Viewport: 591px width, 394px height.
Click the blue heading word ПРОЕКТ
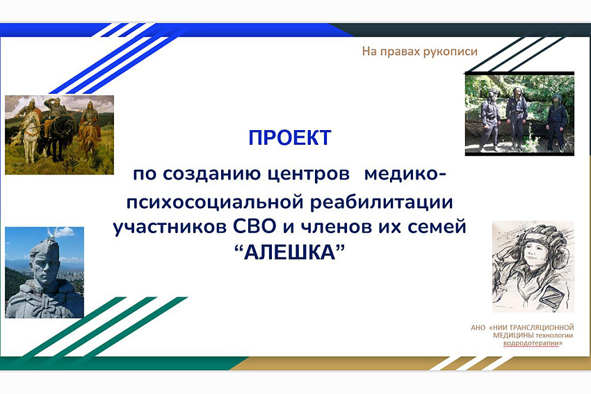point(289,138)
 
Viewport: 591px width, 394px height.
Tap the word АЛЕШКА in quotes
point(289,253)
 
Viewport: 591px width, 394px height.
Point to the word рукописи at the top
point(450,52)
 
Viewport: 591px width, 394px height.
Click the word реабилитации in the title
point(381,203)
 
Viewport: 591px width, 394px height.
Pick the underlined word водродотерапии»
point(533,343)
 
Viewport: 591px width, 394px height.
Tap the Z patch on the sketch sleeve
point(550,294)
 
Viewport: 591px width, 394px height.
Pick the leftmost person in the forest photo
point(490,120)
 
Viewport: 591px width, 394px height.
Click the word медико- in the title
point(405,174)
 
